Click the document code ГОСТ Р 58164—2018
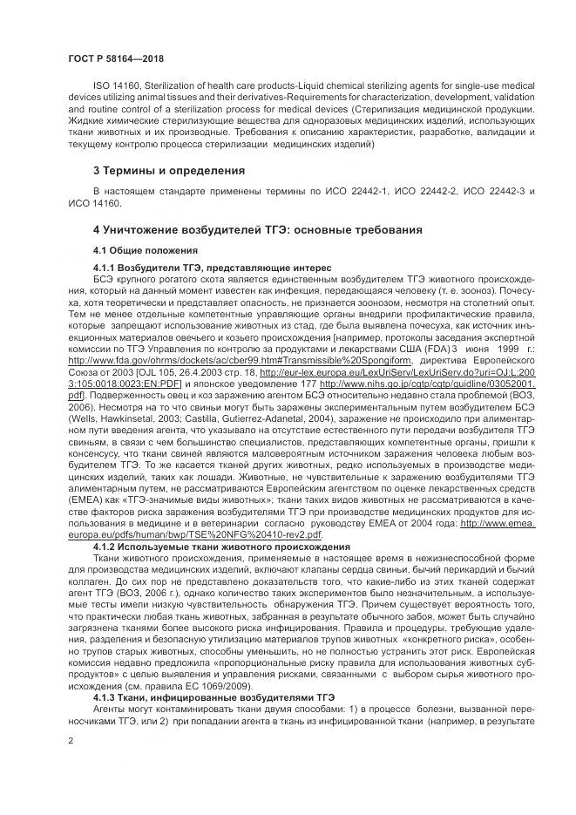pos(115,58)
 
